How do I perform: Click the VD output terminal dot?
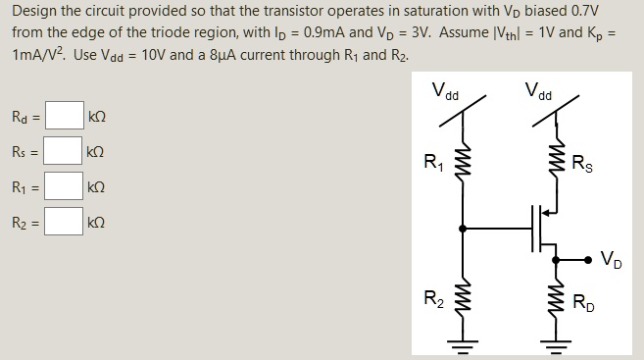[588, 260]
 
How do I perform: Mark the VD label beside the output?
[609, 261]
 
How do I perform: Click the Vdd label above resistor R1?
[445, 93]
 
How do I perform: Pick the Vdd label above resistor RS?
[537, 93]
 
